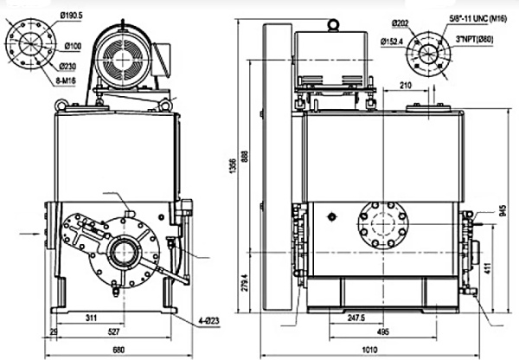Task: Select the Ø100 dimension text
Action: coord(71,45)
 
